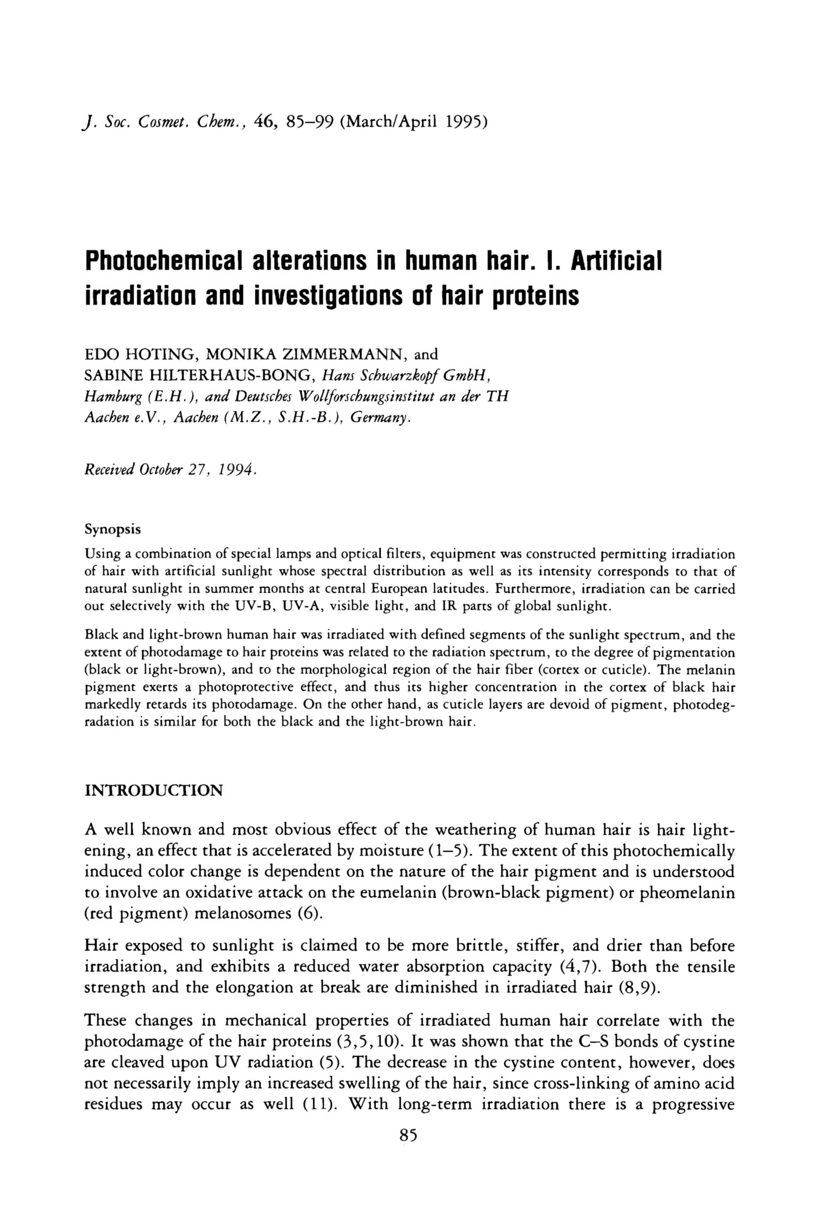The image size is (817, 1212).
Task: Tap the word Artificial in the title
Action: [616, 260]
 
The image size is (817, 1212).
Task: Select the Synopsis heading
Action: [113, 530]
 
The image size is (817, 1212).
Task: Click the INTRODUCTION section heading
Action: [153, 790]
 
